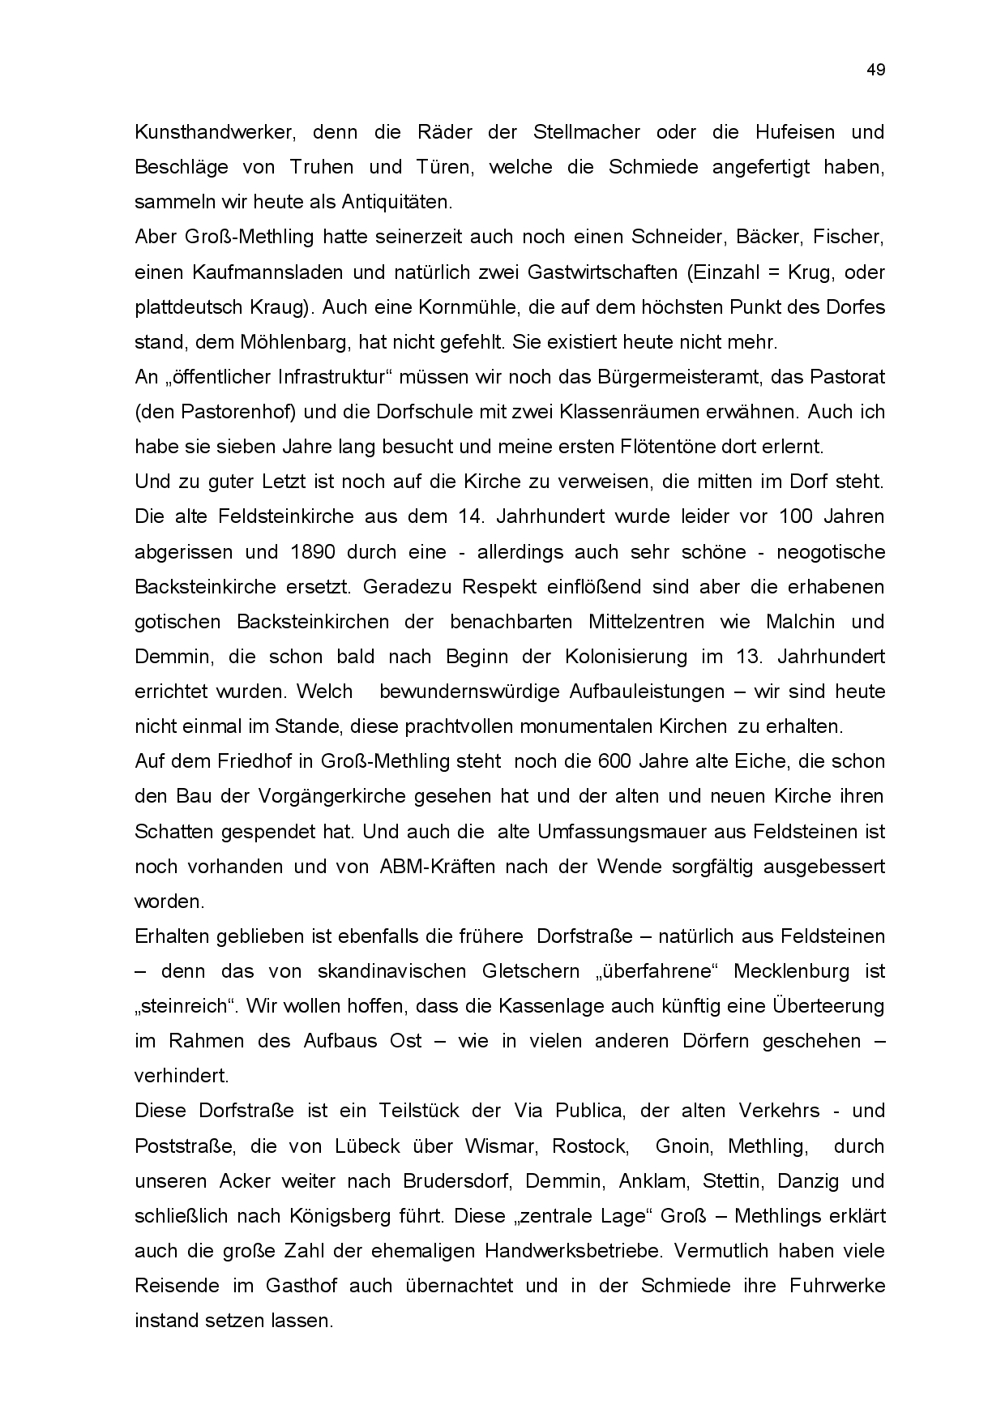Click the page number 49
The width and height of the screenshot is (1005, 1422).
pos(875,70)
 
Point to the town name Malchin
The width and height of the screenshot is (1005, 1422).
pos(800,622)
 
